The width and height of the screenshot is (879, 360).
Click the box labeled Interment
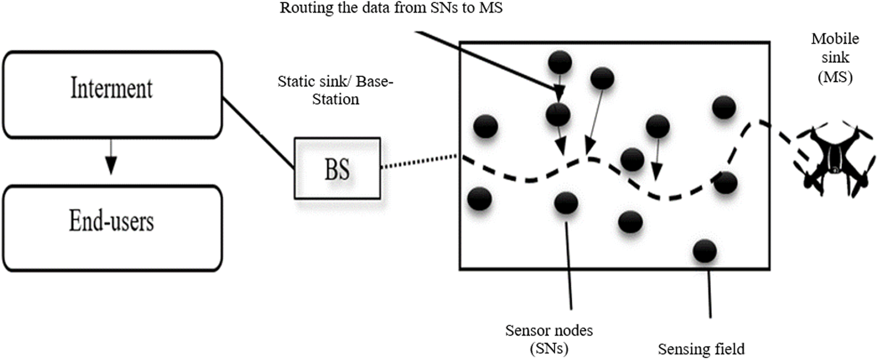click(112, 94)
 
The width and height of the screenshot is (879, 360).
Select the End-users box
click(112, 228)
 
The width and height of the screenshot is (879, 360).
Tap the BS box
click(337, 169)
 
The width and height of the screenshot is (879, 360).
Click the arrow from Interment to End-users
click(111, 157)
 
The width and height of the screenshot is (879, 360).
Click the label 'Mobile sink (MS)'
click(835, 57)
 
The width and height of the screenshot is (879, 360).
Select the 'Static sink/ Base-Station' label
click(336, 90)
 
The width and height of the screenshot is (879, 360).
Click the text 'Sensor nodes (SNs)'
click(549, 339)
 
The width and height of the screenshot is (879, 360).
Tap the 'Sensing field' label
click(701, 349)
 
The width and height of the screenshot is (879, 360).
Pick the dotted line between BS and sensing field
click(419, 161)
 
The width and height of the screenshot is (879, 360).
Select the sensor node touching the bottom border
click(705, 251)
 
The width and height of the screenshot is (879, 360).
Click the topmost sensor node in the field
click(560, 62)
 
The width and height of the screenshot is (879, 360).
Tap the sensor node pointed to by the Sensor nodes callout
click(566, 203)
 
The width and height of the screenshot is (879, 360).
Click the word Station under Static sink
click(336, 99)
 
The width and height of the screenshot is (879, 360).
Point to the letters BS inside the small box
click(337, 170)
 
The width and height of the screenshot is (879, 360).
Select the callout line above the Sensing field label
click(709, 294)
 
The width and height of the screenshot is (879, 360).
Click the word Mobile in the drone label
click(835, 39)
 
